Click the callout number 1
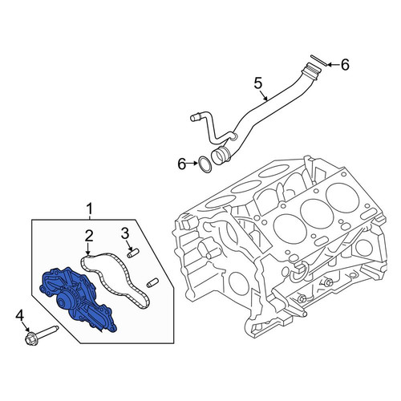pyautogui.click(x=89, y=209)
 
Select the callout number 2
pyautogui.click(x=89, y=236)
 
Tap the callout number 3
pyautogui.click(x=125, y=233)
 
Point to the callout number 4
pyautogui.click(x=19, y=316)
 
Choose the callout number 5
pyautogui.click(x=258, y=83)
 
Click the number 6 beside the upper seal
pyautogui.click(x=345, y=65)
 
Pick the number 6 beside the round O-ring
pyautogui.click(x=182, y=164)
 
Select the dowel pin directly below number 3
pyautogui.click(x=133, y=253)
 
